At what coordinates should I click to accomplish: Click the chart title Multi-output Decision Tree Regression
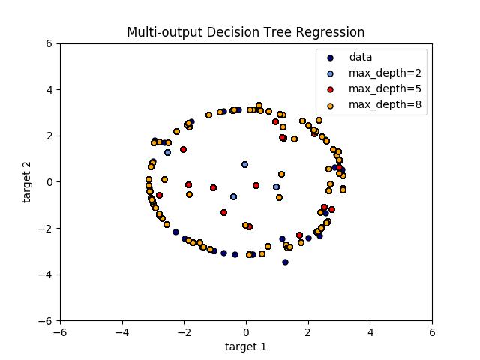[x=245, y=32]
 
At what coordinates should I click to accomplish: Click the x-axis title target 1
[x=245, y=346]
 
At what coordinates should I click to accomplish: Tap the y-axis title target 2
[x=28, y=181]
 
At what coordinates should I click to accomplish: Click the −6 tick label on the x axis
[x=60, y=331]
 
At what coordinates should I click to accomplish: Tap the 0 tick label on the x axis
[x=246, y=331]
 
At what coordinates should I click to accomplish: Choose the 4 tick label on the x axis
[x=370, y=331]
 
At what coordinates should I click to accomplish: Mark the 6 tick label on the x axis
[x=432, y=331]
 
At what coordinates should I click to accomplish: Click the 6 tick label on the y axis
[x=48, y=43]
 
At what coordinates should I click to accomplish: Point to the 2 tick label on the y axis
[x=48, y=136]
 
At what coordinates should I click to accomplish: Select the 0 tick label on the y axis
[x=48, y=182]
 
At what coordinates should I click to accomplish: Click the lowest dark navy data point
[x=285, y=262]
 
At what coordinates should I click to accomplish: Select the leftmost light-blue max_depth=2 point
[x=167, y=152]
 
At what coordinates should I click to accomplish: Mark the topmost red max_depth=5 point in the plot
[x=275, y=121]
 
